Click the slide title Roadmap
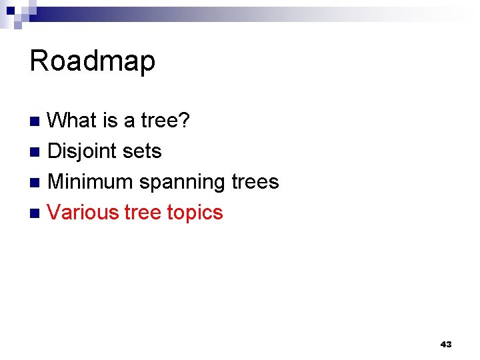click(x=92, y=61)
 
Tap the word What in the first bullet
click(x=73, y=121)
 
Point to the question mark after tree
click(x=185, y=121)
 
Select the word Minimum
click(x=91, y=182)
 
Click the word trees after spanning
click(x=255, y=182)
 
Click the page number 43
click(x=446, y=344)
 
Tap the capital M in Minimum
click(x=57, y=182)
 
